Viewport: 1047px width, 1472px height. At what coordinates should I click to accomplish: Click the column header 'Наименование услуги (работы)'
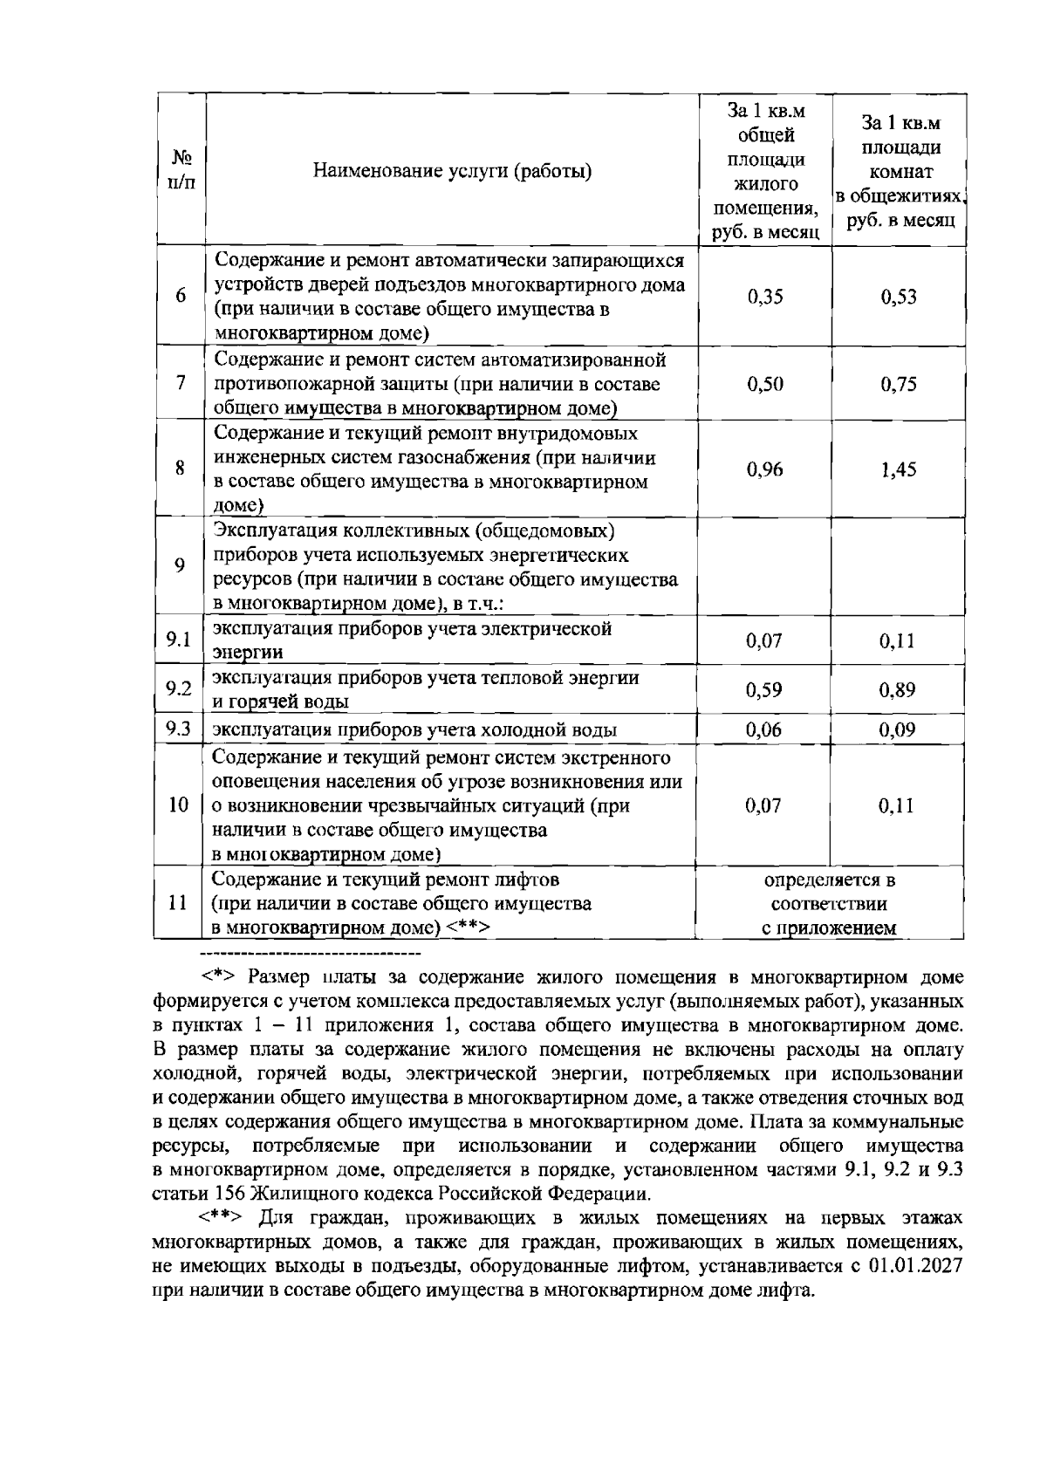[452, 171]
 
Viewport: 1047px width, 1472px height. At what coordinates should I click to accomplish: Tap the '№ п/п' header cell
[181, 171]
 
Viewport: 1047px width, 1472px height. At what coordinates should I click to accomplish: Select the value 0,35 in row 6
[765, 297]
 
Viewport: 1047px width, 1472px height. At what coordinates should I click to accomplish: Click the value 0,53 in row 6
[899, 297]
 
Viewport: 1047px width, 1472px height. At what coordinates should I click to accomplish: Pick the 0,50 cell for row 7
[765, 384]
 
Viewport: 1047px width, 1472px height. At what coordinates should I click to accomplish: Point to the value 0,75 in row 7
[899, 384]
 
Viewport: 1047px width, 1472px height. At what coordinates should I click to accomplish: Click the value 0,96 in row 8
[765, 469]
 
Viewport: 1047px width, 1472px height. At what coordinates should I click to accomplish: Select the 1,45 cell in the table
[899, 469]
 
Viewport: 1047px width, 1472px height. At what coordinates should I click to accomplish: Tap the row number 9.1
[179, 640]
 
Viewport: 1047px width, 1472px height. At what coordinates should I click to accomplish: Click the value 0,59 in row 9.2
[764, 690]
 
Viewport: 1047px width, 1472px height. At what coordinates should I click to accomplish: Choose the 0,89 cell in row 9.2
[898, 690]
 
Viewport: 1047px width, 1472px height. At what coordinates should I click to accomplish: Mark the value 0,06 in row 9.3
[764, 730]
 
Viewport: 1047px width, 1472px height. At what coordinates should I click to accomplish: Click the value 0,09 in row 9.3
[898, 730]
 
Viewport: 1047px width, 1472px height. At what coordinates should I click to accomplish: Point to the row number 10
[178, 805]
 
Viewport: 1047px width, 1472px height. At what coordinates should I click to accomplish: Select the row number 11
[178, 903]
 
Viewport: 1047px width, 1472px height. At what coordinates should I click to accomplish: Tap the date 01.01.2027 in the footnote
[915, 1266]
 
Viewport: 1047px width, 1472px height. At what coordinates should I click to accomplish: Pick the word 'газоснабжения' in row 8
[470, 458]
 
